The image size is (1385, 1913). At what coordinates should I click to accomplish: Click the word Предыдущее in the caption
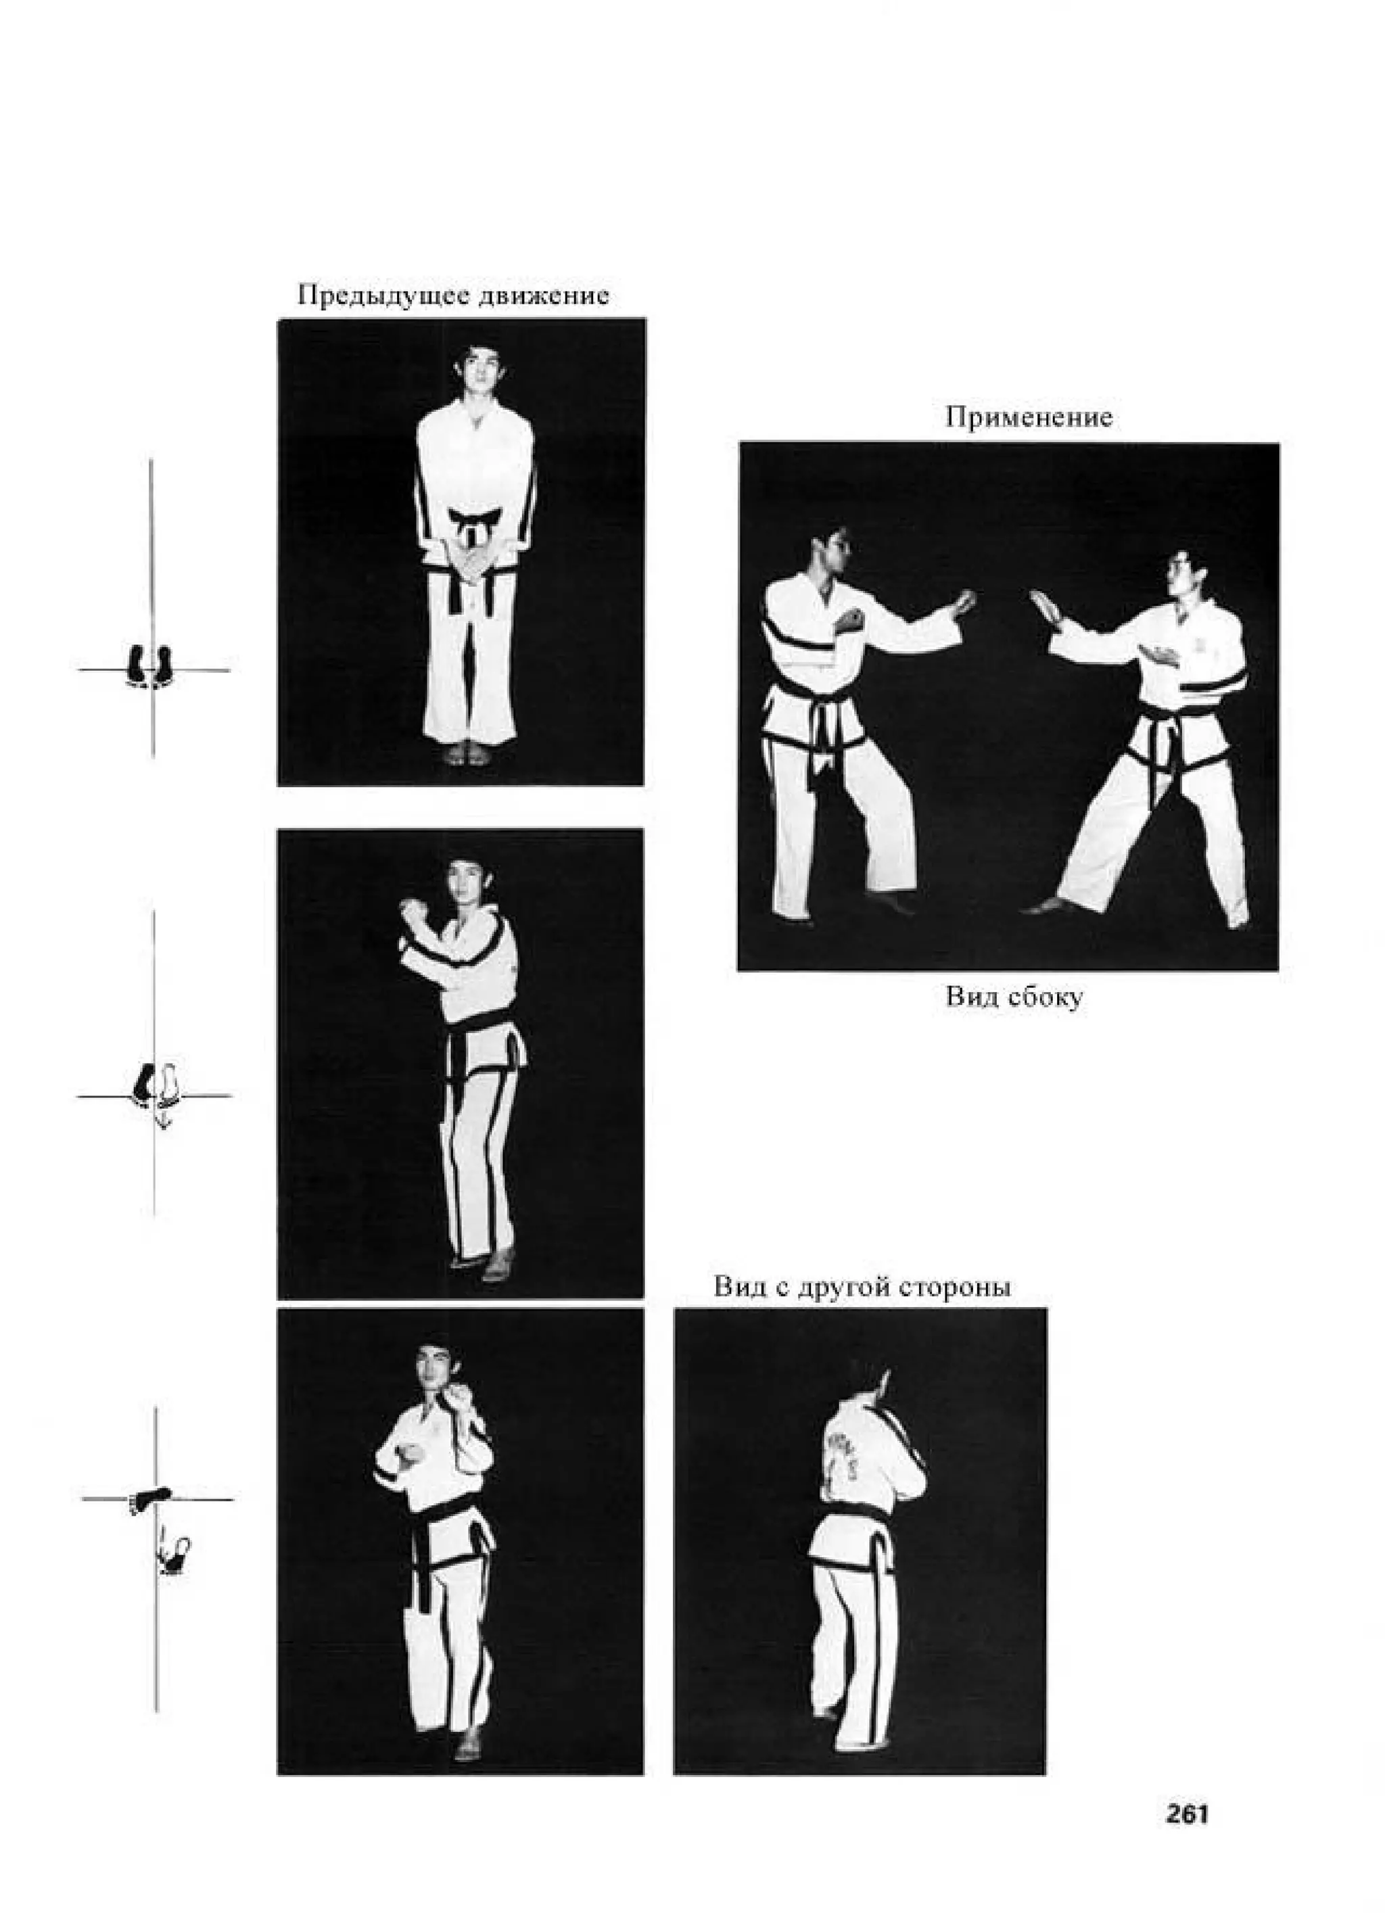click(x=384, y=296)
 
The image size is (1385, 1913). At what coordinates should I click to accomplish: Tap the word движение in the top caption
click(x=543, y=296)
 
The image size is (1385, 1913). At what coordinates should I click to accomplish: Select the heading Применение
click(x=1028, y=417)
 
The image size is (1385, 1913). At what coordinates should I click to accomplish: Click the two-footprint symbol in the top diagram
click(x=150, y=666)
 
